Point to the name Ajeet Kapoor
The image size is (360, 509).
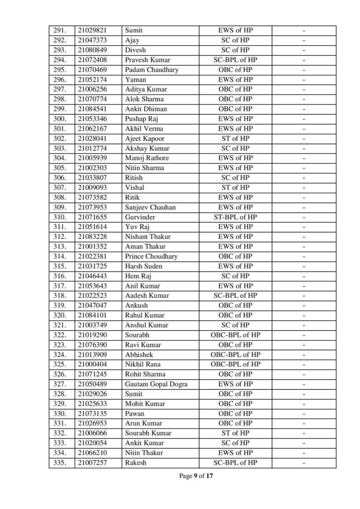tap(145, 139)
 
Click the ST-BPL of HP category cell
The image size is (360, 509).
tap(235, 217)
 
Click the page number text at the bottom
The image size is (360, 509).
tap(197, 476)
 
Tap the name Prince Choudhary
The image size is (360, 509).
tap(151, 256)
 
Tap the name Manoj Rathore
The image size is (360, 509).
tap(147, 159)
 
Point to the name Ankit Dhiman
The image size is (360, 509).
tap(146, 109)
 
